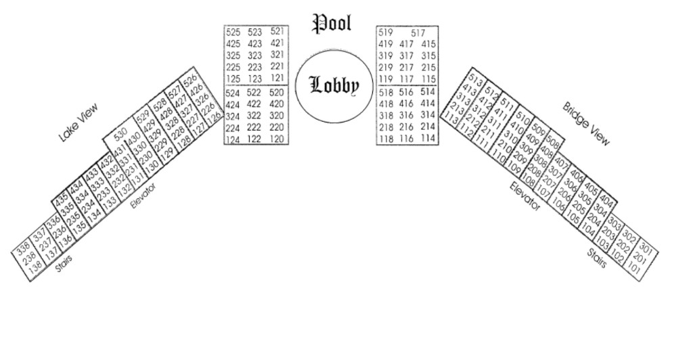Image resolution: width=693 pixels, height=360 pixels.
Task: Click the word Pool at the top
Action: (332, 22)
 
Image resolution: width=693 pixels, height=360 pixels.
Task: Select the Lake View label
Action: (79, 122)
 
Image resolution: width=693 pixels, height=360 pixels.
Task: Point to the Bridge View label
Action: (587, 124)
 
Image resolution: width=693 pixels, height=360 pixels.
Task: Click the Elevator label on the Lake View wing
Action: (143, 195)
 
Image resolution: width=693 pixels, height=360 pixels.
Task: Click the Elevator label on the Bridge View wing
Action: (526, 196)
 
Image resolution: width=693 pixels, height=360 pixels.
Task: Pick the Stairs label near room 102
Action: (597, 258)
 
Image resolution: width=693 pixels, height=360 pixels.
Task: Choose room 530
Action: (120, 133)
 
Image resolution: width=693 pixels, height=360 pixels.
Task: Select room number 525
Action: (233, 32)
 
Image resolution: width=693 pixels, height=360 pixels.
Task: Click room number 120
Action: (277, 139)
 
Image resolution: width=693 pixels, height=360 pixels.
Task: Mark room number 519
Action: (386, 32)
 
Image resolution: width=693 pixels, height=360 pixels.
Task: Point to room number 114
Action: (427, 138)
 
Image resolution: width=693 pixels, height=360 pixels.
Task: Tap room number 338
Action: (23, 247)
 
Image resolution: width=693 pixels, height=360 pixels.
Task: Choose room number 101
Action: (633, 269)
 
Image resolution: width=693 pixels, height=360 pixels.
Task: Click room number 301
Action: (646, 248)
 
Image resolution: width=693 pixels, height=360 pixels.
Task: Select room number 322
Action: (254, 116)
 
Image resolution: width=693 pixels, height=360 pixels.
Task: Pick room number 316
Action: (406, 115)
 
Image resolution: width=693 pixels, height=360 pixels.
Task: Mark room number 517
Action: (418, 32)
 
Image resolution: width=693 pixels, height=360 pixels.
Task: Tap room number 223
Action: (254, 66)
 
